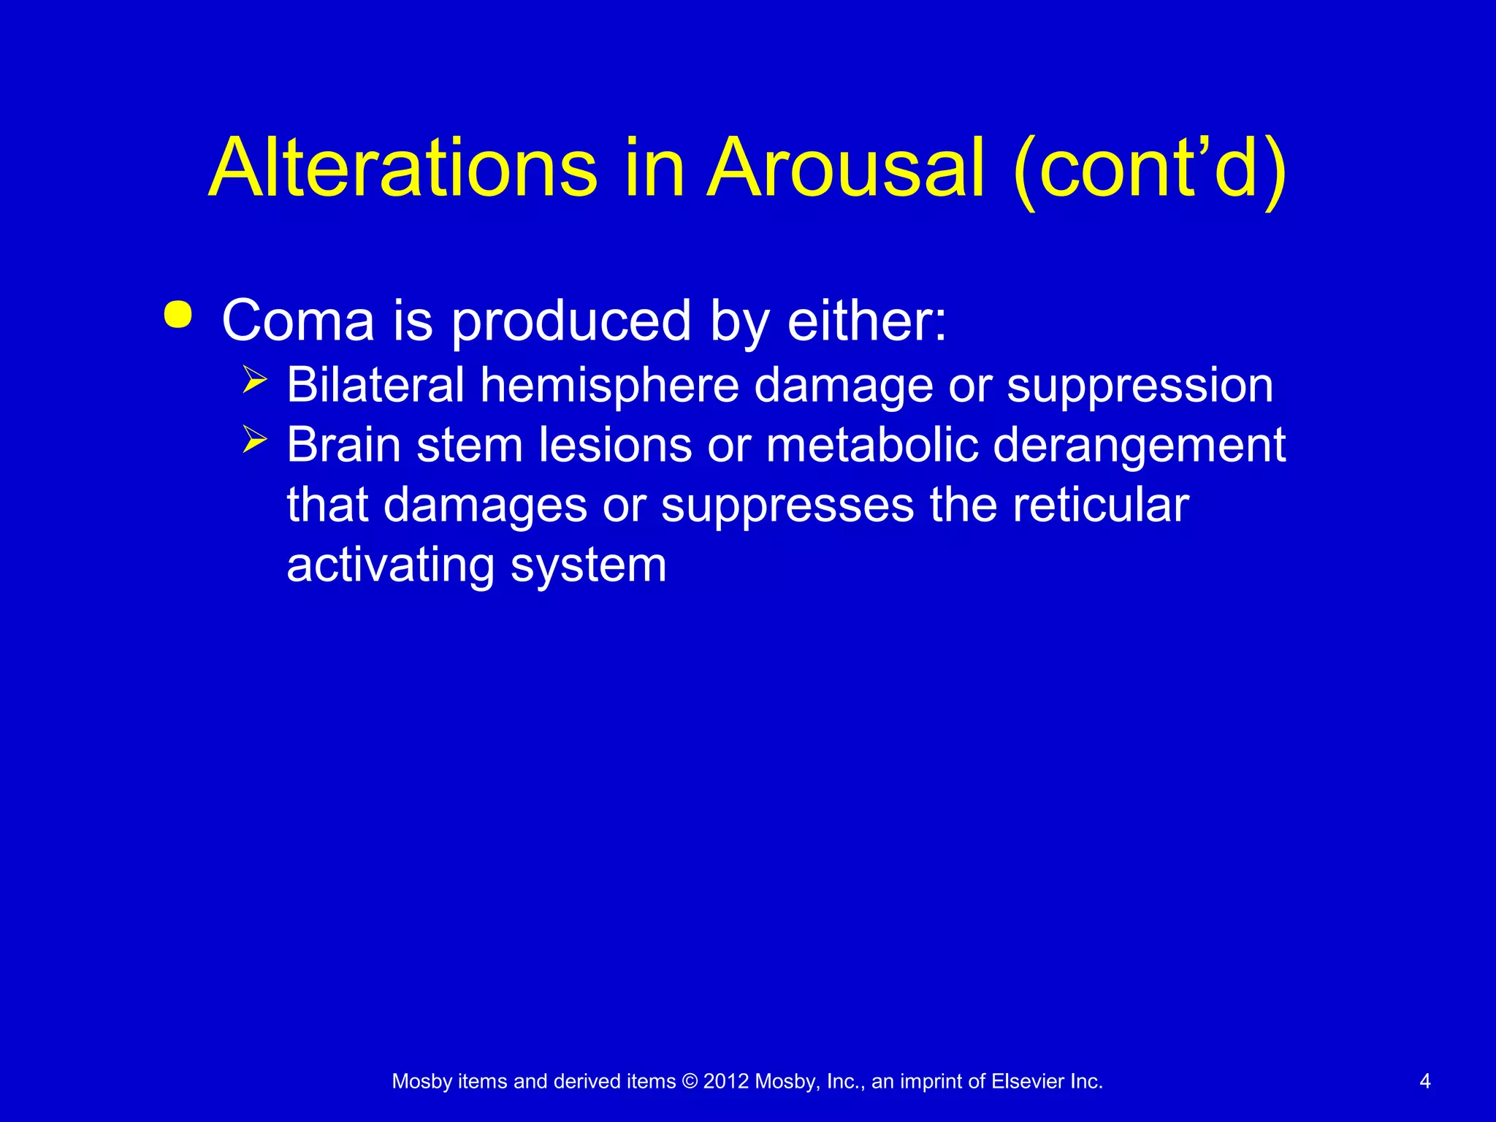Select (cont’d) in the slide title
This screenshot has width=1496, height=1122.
point(1149,169)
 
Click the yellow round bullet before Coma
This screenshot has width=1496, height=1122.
point(178,316)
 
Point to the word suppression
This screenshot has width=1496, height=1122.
point(1140,386)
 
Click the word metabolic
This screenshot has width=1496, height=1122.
point(871,445)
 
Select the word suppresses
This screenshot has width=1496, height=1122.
point(787,506)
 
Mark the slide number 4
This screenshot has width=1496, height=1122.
point(1424,1081)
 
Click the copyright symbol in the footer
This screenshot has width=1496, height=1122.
point(689,1081)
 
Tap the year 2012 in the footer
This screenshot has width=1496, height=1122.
point(726,1081)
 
